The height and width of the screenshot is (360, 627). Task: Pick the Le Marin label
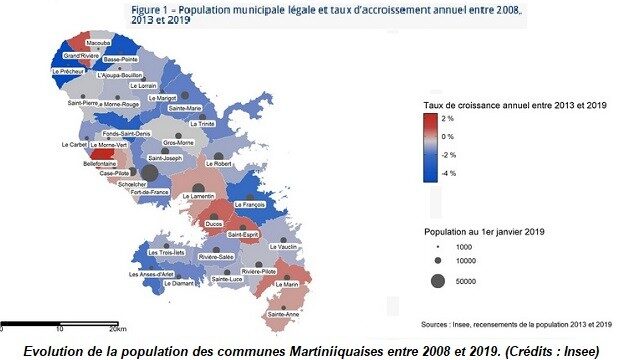tap(286, 284)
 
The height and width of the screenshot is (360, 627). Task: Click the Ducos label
tap(213, 224)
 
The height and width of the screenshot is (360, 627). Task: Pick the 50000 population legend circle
tap(437, 282)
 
